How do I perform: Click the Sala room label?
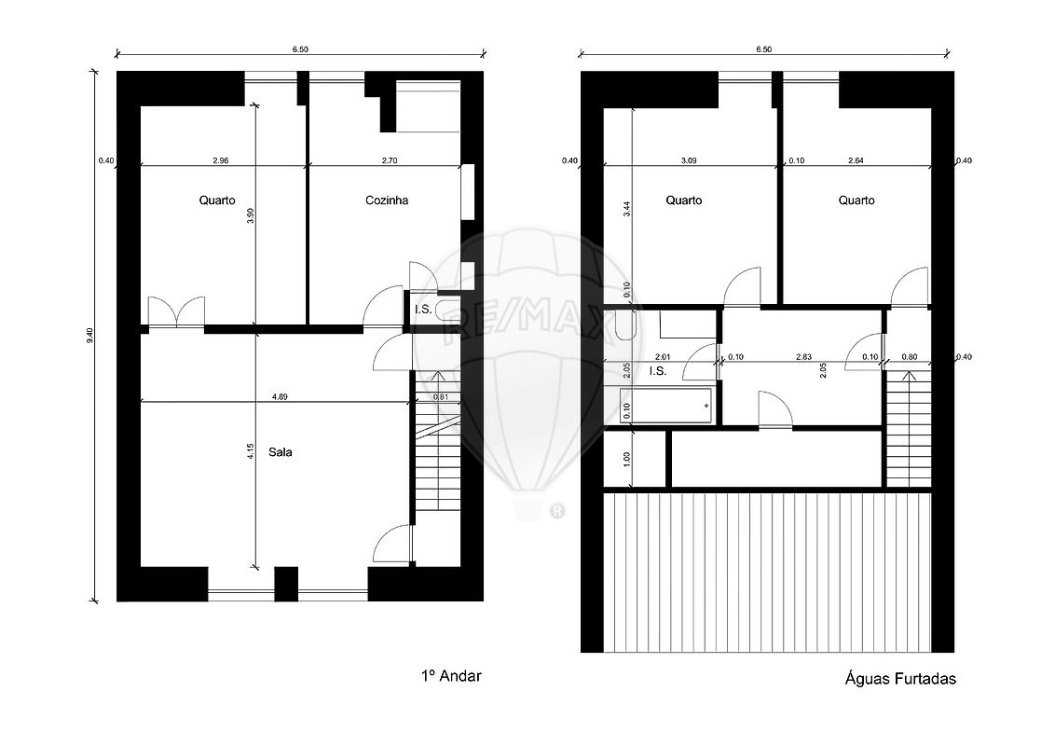(280, 451)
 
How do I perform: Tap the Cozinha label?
(387, 200)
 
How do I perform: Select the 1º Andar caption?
(451, 676)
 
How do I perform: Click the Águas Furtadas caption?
(900, 679)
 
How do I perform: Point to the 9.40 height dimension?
(90, 337)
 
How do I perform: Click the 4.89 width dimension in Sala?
(280, 397)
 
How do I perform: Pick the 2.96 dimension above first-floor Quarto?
(221, 161)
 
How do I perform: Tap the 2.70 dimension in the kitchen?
(390, 161)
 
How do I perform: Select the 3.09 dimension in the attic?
(689, 161)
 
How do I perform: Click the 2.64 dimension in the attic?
(856, 161)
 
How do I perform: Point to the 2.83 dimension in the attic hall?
(804, 357)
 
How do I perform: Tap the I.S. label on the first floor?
(423, 310)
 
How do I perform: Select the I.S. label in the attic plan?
(657, 371)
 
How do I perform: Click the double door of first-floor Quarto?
(176, 312)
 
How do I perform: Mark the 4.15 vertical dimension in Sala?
(251, 451)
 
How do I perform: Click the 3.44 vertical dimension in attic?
(627, 209)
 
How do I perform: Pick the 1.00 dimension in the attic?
(627, 459)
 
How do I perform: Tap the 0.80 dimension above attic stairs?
(909, 357)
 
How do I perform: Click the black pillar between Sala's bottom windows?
(286, 585)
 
